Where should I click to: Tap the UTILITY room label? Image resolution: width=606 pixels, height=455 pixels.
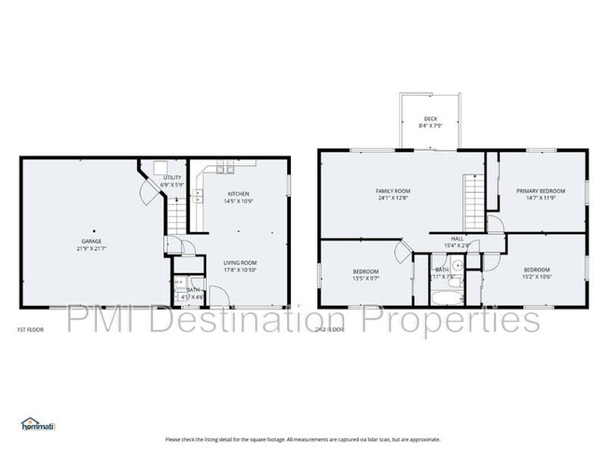[x=172, y=177]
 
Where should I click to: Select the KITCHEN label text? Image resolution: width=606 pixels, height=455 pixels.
[x=237, y=194]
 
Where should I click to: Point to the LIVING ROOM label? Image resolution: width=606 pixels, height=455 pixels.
[x=240, y=263]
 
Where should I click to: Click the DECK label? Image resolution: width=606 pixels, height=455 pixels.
[x=430, y=118]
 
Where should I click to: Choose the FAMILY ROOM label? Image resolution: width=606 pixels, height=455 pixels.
[x=393, y=191]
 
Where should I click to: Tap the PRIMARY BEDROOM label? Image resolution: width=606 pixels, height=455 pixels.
[x=541, y=191]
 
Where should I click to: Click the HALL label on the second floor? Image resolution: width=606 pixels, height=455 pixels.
[x=457, y=239]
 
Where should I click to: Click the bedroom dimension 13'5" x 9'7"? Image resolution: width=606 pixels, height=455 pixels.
[x=365, y=277]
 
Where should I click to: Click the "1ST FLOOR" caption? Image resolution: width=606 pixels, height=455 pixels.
[x=30, y=330]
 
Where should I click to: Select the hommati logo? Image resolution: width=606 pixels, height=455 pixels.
[x=38, y=424]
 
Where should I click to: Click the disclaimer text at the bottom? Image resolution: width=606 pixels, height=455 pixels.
[x=303, y=439]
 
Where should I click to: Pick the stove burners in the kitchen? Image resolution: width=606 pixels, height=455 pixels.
[x=225, y=168]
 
